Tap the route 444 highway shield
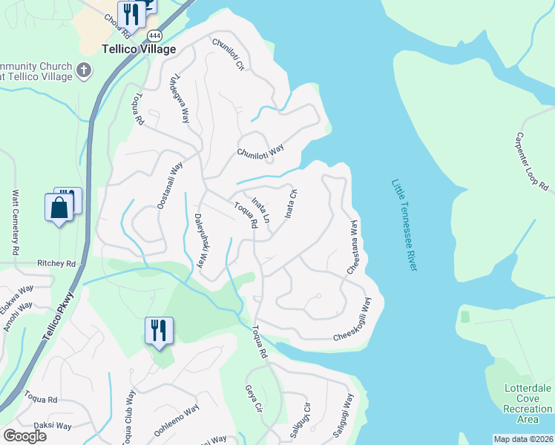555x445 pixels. (154, 35)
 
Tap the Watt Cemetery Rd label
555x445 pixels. (15, 223)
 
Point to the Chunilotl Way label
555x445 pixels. (260, 151)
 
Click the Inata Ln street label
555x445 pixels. (260, 210)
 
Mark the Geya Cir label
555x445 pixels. (254, 398)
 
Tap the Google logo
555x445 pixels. (24, 436)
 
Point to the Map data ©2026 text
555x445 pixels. (523, 439)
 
